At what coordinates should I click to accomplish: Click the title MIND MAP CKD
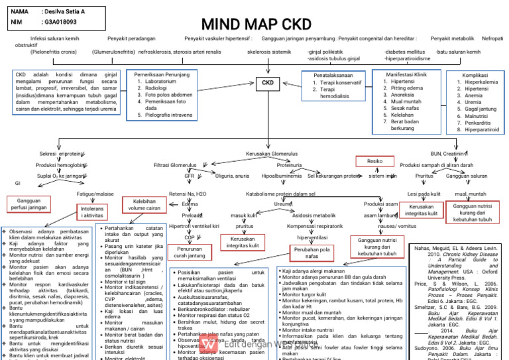pos(256,25)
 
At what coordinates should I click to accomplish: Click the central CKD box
pos(268,83)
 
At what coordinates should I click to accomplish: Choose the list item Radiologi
pos(156,88)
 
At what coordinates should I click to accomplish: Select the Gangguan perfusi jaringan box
pos(27,203)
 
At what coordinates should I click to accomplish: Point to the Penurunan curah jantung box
pos(188,251)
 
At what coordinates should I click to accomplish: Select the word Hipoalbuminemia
pos(282,176)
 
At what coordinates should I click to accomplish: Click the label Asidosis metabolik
pos(313,215)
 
